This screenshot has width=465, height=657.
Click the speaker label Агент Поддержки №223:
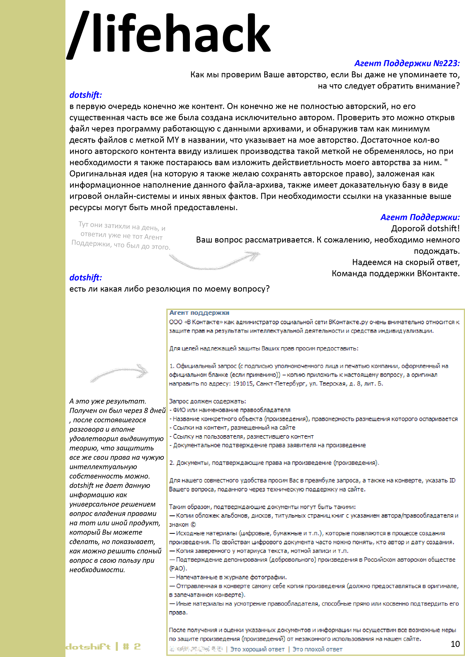coord(407,63)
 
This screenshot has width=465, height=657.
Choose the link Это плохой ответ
coord(317,649)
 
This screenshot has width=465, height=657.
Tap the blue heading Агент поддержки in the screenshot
coord(199,313)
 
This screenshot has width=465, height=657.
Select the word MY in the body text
coord(173,140)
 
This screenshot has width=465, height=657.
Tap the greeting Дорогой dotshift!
coord(425,229)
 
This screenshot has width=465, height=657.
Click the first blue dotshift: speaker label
coord(85,95)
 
